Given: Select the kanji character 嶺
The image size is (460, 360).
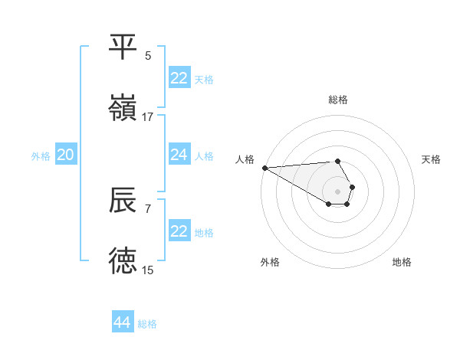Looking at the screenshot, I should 123,109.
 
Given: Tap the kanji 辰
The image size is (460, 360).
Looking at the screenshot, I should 123,201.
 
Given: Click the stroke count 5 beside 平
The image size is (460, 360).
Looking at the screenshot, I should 148,55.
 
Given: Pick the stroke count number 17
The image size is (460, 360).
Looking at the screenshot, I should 148,116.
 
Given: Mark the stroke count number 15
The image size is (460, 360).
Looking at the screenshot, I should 148,270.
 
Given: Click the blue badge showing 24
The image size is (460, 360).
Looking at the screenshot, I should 179,155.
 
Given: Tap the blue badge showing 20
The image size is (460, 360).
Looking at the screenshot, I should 66,155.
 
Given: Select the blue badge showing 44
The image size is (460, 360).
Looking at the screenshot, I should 123,322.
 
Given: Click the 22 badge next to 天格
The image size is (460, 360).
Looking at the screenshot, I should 179,78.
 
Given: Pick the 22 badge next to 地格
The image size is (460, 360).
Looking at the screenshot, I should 179,231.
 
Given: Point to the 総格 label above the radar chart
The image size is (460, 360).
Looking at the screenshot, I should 338,100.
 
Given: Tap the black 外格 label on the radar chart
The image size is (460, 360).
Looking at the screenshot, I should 270,262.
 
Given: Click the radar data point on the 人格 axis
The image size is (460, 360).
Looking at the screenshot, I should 264,168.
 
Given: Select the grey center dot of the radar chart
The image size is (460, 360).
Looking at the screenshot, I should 338,191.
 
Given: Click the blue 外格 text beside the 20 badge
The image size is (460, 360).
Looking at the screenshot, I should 41,155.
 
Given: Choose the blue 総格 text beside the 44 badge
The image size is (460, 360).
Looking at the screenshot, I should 148,324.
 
